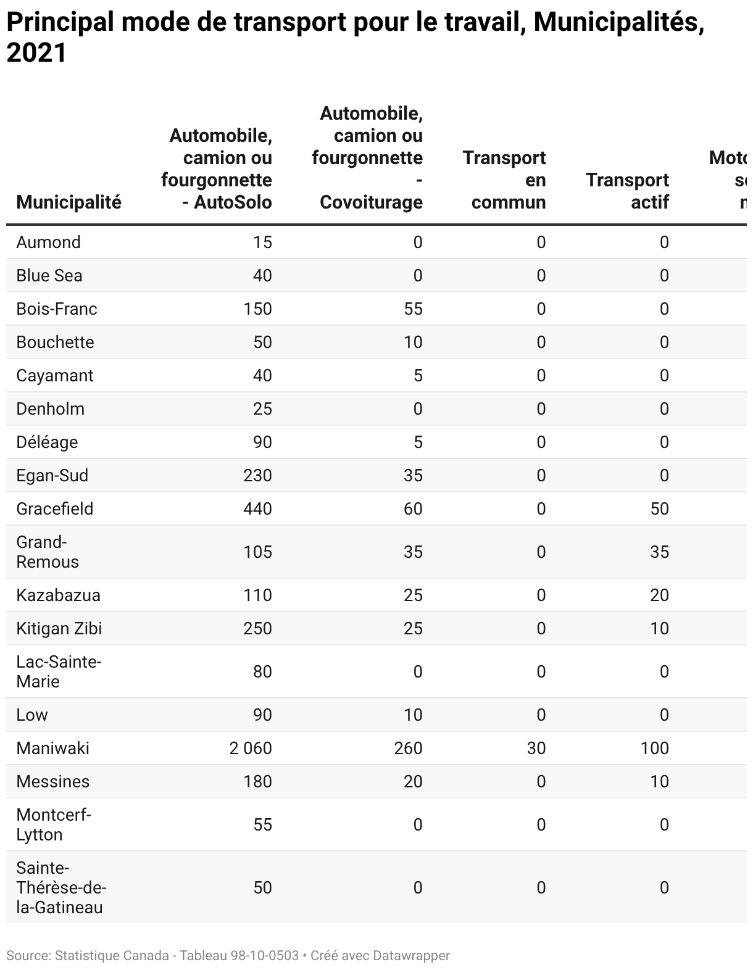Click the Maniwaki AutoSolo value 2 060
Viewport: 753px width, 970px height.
point(250,748)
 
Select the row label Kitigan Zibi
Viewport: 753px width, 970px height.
point(59,628)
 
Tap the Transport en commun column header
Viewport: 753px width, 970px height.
point(504,180)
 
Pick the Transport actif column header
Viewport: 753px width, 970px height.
point(627,191)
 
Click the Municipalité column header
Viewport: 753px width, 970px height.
point(69,202)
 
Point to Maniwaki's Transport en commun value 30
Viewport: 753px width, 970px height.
point(536,748)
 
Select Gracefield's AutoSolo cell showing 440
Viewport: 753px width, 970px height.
point(257,508)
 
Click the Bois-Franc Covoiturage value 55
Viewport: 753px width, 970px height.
point(413,309)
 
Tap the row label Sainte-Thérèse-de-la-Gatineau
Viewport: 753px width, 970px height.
point(61,887)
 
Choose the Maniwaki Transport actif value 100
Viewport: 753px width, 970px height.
point(654,748)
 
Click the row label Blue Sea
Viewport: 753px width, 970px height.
point(49,275)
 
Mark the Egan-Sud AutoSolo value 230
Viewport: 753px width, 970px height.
point(257,475)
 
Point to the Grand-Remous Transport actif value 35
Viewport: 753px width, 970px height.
point(659,552)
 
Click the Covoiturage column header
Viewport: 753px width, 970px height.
point(368,157)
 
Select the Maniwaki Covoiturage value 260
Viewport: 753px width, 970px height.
point(408,748)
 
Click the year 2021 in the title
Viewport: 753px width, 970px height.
point(36,53)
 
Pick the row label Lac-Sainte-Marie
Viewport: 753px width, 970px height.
point(59,671)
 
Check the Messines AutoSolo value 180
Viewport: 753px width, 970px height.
point(257,781)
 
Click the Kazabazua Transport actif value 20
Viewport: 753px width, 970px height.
point(659,595)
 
